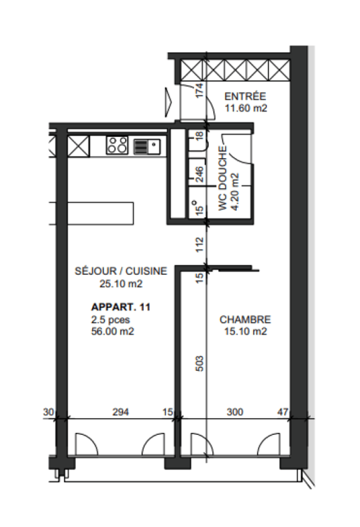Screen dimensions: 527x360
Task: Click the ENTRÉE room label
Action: pyautogui.click(x=244, y=96)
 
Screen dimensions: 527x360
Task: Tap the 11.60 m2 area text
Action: pyautogui.click(x=245, y=108)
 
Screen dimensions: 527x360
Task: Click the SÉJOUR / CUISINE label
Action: pyautogui.click(x=121, y=272)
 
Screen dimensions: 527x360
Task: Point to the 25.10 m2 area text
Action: pyautogui.click(x=121, y=284)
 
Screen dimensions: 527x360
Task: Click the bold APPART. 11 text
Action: pyautogui.click(x=121, y=307)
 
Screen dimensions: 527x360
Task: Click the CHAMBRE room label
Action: pyautogui.click(x=244, y=319)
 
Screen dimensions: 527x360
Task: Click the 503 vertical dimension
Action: pyautogui.click(x=200, y=364)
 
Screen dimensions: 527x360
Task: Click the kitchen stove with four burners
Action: pyautogui.click(x=117, y=146)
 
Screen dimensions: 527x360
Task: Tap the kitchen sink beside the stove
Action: pyautogui.click(x=146, y=146)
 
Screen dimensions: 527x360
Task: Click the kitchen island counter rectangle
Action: pyautogui.click(x=91, y=214)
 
